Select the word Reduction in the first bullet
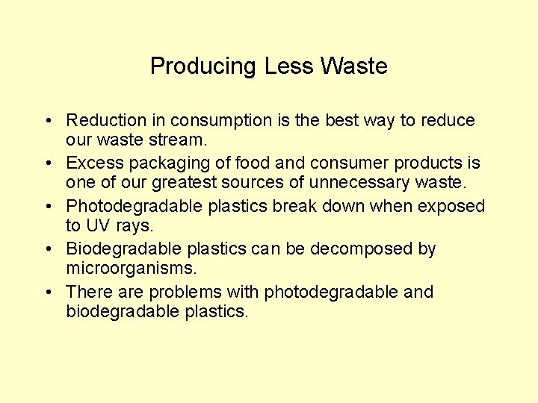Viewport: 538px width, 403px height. tap(107, 120)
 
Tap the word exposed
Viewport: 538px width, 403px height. tap(448, 207)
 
